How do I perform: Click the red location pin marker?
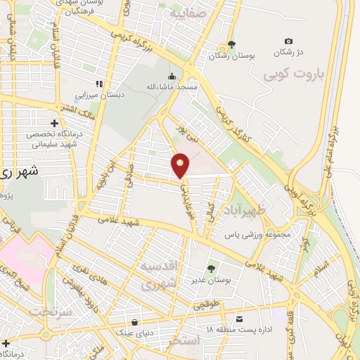pyautogui.click(x=181, y=165)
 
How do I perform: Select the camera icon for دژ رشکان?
pyautogui.click(x=288, y=41)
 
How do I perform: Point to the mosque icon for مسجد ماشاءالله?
pyautogui.click(x=172, y=76)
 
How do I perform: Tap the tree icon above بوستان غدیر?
pyautogui.click(x=212, y=268)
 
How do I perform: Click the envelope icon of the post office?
pyautogui.click(x=240, y=319)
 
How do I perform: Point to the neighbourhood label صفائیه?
pyautogui.click(x=186, y=13)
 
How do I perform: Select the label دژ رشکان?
pyautogui.click(x=288, y=53)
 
